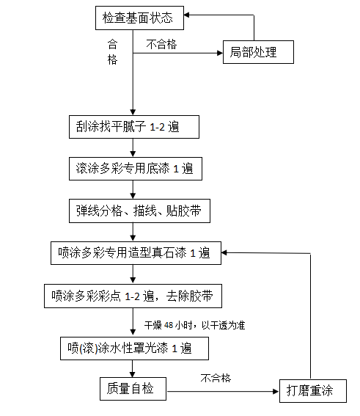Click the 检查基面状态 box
[x=139, y=16]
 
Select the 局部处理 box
[x=258, y=53]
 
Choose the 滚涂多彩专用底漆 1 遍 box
[x=133, y=168]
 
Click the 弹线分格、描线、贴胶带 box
[x=133, y=211]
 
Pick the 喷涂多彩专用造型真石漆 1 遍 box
[x=133, y=253]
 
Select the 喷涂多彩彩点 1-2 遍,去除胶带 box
[x=133, y=296]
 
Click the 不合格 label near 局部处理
[x=161, y=44]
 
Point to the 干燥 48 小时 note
[x=194, y=324]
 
